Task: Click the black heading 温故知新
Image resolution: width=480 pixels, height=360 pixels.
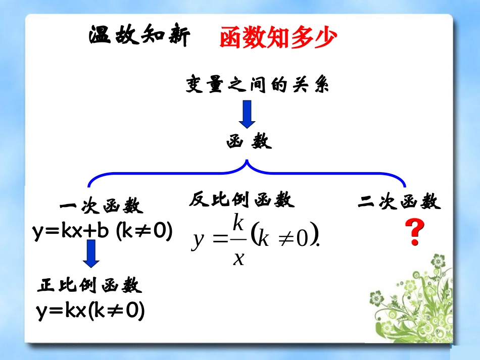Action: pos(139,36)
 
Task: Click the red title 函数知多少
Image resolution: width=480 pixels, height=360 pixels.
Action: pos(277,37)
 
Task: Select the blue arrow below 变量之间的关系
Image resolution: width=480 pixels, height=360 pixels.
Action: pos(248,114)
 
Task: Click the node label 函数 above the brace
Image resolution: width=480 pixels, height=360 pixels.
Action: pos(249,142)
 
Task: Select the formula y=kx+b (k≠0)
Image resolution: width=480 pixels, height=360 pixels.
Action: pos(103,232)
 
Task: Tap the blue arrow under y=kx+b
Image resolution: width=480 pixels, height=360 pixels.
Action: pos(91,253)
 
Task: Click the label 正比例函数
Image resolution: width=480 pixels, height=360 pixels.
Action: pos(90,286)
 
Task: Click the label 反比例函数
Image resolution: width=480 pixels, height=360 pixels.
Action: pos(242,200)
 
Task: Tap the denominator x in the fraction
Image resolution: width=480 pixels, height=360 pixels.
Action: pos(238,258)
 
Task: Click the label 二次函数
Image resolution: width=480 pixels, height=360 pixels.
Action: pos(399,202)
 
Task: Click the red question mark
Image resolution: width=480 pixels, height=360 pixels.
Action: pos(414,234)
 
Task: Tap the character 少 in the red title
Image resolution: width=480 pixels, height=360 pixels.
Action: pos(323,37)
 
